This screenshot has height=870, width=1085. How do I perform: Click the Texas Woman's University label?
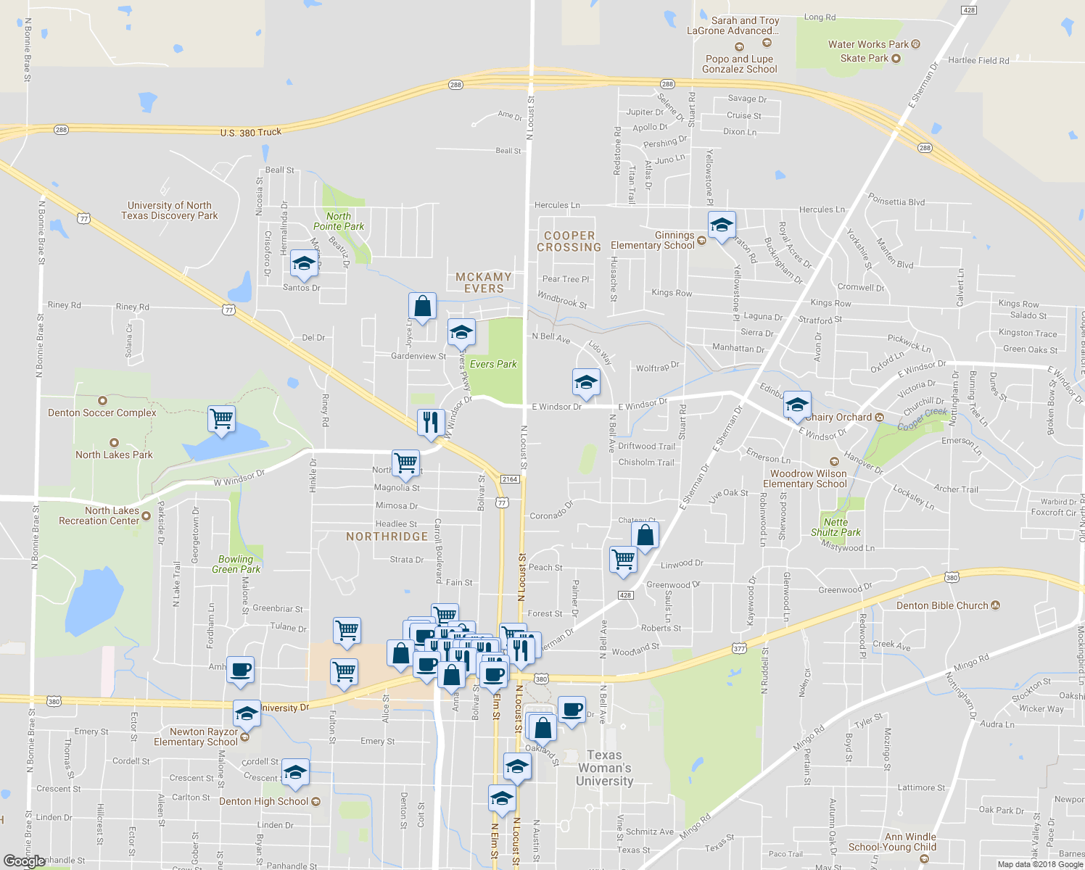tap(604, 768)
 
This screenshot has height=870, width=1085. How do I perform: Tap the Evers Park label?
tap(493, 364)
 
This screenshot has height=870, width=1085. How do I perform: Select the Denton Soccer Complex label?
tap(102, 412)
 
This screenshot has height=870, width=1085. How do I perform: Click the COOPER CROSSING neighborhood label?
tap(569, 241)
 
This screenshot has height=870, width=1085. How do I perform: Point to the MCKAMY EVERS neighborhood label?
tap(484, 283)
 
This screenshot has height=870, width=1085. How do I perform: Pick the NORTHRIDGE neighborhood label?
tap(387, 536)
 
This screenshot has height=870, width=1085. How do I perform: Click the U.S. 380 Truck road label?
tap(251, 132)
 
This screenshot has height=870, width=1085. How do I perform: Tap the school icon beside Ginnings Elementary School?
tap(722, 226)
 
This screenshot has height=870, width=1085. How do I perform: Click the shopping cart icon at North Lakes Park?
tap(221, 418)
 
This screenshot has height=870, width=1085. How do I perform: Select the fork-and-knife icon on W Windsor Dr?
tap(431, 422)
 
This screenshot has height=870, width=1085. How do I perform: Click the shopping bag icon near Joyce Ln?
tap(422, 307)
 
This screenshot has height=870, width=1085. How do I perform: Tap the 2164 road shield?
tap(510, 478)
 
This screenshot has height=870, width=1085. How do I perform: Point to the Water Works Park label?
tap(868, 44)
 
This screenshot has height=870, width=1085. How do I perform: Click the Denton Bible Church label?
tap(942, 605)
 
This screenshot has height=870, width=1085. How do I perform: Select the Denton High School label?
tap(264, 801)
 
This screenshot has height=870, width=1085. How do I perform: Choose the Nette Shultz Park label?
tap(836, 527)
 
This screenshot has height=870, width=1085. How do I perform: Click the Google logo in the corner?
tap(24, 861)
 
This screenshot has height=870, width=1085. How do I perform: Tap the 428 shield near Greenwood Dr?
tap(625, 595)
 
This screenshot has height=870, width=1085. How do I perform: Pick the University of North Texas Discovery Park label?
tap(170, 210)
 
